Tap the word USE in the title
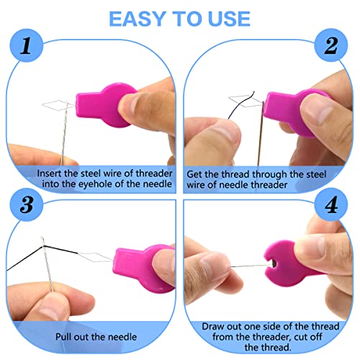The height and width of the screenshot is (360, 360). (229, 19)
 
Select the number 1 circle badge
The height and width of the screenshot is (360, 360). (27, 45)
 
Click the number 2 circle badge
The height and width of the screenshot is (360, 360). (331, 45)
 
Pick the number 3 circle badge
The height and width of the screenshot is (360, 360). (27, 204)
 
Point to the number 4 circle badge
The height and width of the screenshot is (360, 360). (331, 204)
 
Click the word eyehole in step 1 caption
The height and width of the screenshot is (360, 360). (96, 184)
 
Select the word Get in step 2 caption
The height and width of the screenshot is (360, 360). (194, 174)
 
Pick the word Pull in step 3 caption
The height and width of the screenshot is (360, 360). (63, 337)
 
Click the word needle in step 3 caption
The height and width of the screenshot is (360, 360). (122, 337)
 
